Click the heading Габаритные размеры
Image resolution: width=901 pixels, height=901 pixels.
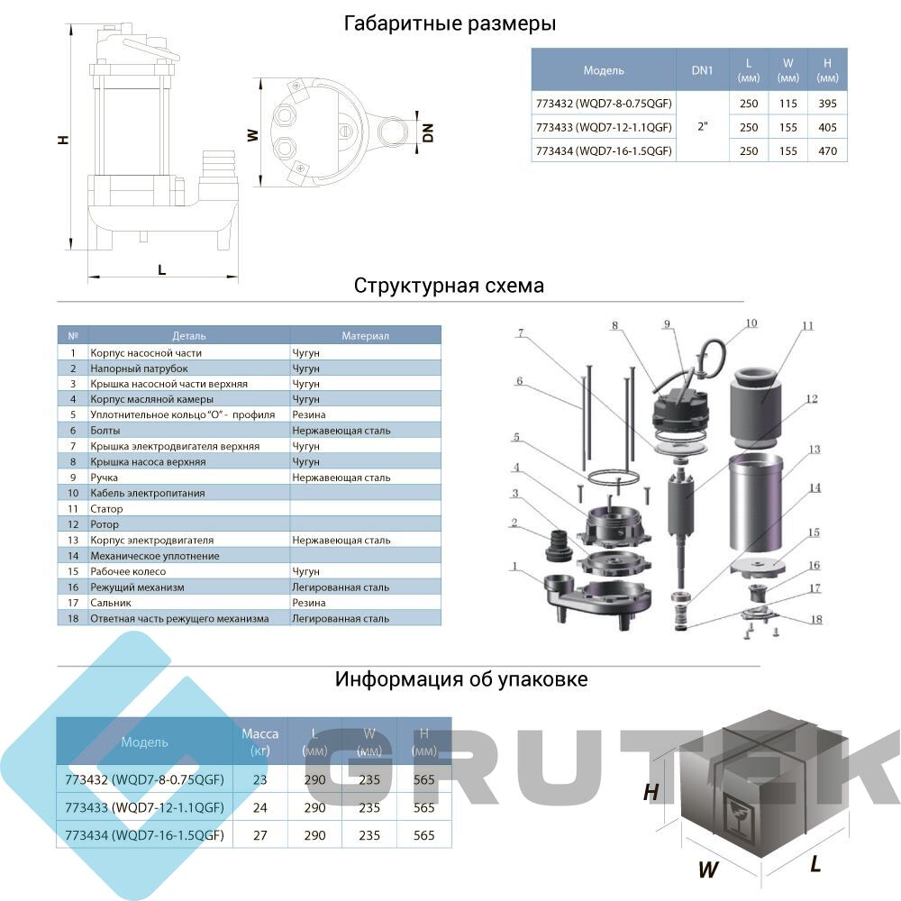pyautogui.click(x=450, y=24)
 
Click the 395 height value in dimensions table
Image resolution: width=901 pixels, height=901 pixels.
pyautogui.click(x=827, y=104)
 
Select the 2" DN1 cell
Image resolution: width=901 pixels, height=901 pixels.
pyautogui.click(x=702, y=126)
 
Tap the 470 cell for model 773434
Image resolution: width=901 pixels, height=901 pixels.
pyautogui.click(x=827, y=151)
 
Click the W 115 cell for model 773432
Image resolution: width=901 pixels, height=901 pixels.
pyautogui.click(x=787, y=104)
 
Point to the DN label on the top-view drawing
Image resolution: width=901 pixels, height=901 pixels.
pyautogui.click(x=427, y=132)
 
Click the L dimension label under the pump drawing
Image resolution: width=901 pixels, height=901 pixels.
pyautogui.click(x=162, y=269)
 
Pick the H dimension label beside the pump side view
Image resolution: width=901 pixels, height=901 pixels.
pyautogui.click(x=63, y=139)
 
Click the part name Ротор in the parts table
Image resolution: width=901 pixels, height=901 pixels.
pyautogui.click(x=105, y=524)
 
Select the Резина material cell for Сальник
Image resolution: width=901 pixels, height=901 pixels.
pyautogui.click(x=308, y=603)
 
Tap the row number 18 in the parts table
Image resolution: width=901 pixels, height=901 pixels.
pyautogui.click(x=73, y=619)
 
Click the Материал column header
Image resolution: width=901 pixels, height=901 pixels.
pyautogui.click(x=366, y=335)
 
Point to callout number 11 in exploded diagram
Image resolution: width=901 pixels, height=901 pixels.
pyautogui.click(x=808, y=326)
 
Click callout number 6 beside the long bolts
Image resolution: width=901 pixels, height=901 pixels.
pyautogui.click(x=520, y=381)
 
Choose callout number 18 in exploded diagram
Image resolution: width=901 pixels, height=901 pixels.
pyautogui.click(x=816, y=620)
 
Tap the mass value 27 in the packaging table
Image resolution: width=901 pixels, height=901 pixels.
pyautogui.click(x=259, y=835)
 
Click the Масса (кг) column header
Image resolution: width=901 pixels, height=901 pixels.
pyautogui.click(x=259, y=742)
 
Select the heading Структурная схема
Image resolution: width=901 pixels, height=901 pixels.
pyautogui.click(x=449, y=287)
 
